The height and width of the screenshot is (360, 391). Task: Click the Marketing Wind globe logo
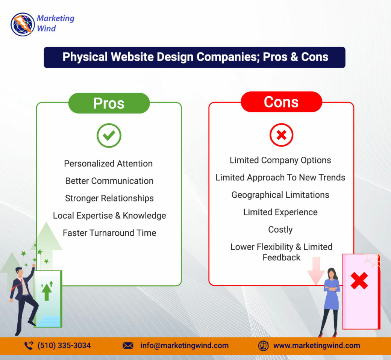[23, 24]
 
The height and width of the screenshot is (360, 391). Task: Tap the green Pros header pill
[109, 103]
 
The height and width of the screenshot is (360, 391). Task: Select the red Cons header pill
[281, 102]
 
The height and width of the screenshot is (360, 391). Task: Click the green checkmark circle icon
[109, 135]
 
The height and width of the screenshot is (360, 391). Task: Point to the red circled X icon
[281, 135]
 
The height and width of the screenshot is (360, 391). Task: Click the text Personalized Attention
[108, 163]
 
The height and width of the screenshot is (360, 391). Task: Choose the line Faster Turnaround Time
[109, 233]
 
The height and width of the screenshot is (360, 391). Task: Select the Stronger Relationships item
[109, 198]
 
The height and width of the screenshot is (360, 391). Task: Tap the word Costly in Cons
[280, 230]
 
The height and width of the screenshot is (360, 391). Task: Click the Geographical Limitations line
[280, 195]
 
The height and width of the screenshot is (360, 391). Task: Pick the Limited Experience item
[280, 212]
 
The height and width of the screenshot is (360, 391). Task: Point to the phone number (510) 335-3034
[64, 346]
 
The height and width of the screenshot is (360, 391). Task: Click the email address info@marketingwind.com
[185, 346]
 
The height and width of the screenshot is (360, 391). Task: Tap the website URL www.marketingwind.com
[317, 346]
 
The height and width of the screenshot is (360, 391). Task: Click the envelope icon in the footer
[128, 346]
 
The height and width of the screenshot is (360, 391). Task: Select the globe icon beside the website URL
[263, 346]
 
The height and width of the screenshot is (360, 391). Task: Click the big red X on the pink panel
[359, 281]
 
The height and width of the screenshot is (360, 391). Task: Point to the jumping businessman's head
[19, 271]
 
